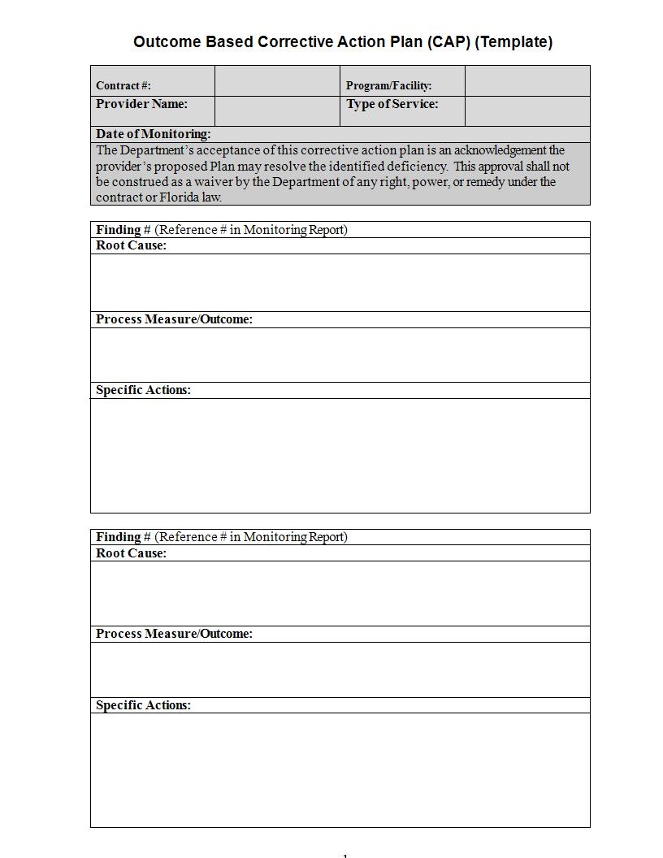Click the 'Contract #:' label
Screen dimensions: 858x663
(123, 85)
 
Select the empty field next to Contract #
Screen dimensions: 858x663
(277, 81)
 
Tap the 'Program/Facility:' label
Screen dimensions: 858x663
(388, 85)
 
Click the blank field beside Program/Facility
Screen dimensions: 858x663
(527, 81)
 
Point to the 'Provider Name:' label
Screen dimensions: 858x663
(141, 104)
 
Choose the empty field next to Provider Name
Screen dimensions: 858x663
(277, 111)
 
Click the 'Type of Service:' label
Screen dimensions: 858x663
(392, 104)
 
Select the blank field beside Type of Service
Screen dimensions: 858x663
(527, 111)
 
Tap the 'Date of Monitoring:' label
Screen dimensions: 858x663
(153, 134)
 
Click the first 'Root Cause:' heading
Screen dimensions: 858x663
(131, 245)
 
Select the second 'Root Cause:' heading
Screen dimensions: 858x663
(131, 553)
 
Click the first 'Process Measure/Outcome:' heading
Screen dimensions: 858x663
(174, 319)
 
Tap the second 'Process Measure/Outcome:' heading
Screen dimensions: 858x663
(174, 634)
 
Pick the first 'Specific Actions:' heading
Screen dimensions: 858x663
(143, 390)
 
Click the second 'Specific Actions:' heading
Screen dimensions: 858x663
(143, 705)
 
